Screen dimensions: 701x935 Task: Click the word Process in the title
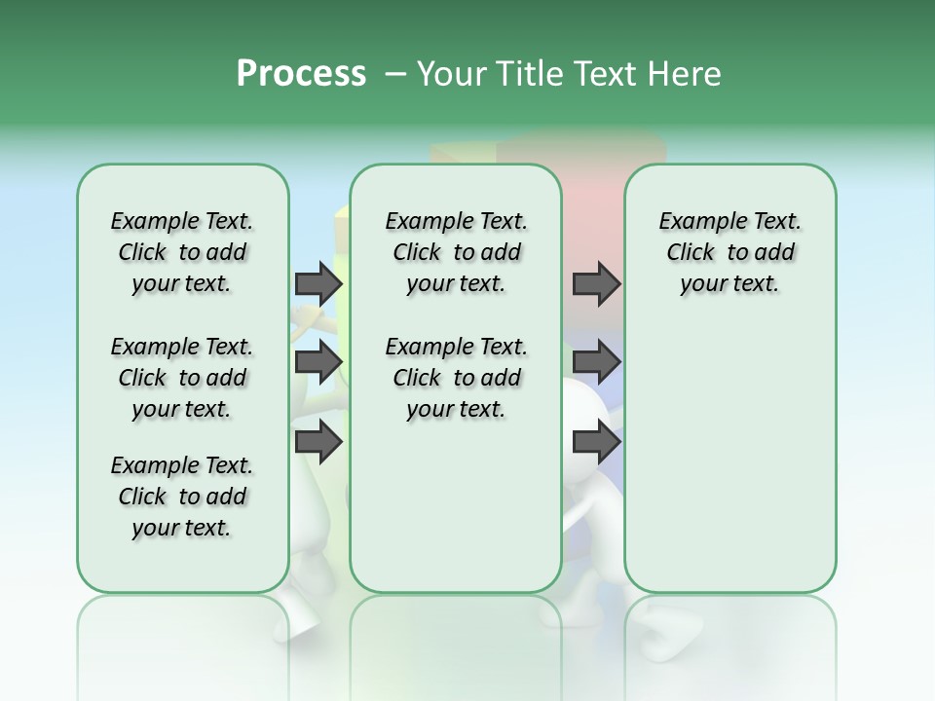click(x=301, y=74)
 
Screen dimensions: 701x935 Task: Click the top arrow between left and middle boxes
click(x=318, y=283)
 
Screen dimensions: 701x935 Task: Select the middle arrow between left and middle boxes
click(x=318, y=362)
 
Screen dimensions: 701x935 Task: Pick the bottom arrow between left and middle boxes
click(x=318, y=442)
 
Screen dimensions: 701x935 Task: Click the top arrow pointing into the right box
click(x=596, y=283)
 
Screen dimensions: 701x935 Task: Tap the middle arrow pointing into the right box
click(x=596, y=362)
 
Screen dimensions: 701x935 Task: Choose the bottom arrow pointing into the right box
click(x=596, y=442)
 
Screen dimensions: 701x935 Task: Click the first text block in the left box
click(x=182, y=252)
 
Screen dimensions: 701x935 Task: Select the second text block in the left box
click(x=182, y=378)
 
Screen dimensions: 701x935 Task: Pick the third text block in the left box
click(x=182, y=497)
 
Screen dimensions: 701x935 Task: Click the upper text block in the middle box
click(x=456, y=252)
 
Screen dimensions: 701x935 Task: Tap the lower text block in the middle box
click(x=456, y=378)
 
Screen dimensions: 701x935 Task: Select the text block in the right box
click(x=729, y=252)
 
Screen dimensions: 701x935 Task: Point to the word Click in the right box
click(x=691, y=252)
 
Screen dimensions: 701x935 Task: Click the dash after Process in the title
click(x=394, y=74)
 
